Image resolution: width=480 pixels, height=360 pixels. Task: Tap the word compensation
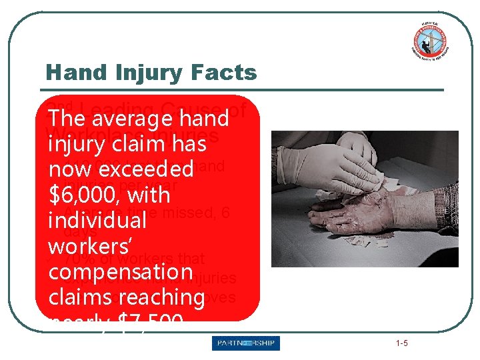click(121, 272)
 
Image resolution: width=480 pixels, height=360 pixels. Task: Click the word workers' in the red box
click(86, 246)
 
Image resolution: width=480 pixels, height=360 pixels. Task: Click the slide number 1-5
click(401, 343)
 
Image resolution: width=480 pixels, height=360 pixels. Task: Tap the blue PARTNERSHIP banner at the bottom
click(246, 343)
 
